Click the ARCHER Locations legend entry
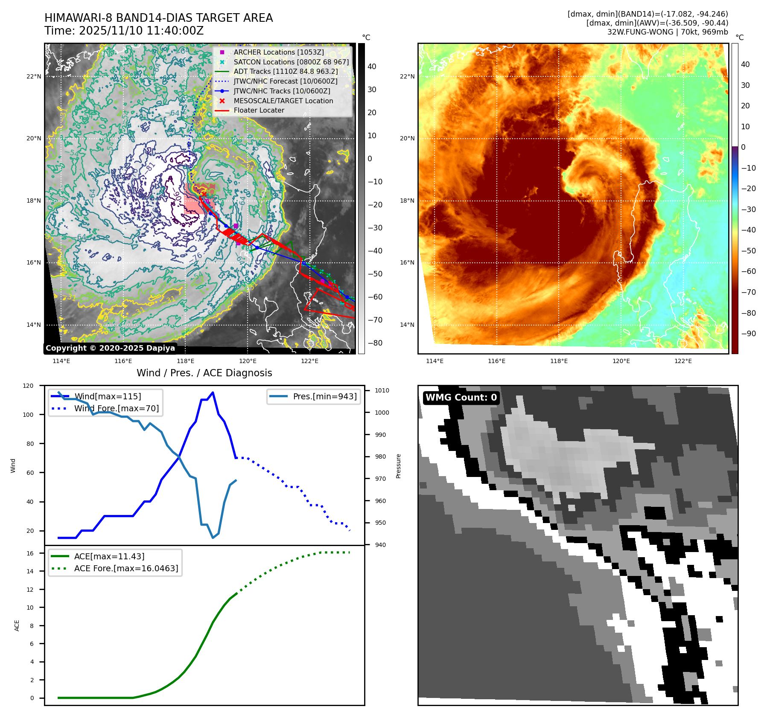coord(278,52)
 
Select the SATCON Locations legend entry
coord(291,62)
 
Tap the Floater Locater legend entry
coord(259,110)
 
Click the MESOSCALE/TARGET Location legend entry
coord(283,101)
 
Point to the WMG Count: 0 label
coord(461,398)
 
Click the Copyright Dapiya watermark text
coord(110,348)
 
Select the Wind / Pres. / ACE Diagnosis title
coord(204,373)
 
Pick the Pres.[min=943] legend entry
coord(324,396)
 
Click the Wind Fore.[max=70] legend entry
coord(116,408)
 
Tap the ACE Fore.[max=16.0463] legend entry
coord(126,568)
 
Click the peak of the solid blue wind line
coord(213,392)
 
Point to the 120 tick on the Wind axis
coord(28,386)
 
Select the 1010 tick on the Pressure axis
coord(382,390)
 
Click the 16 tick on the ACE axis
coord(30,553)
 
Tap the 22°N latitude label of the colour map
coord(407,77)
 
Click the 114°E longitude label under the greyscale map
coord(61,361)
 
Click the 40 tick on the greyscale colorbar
coord(372,67)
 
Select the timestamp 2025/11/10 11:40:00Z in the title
coord(141,31)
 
